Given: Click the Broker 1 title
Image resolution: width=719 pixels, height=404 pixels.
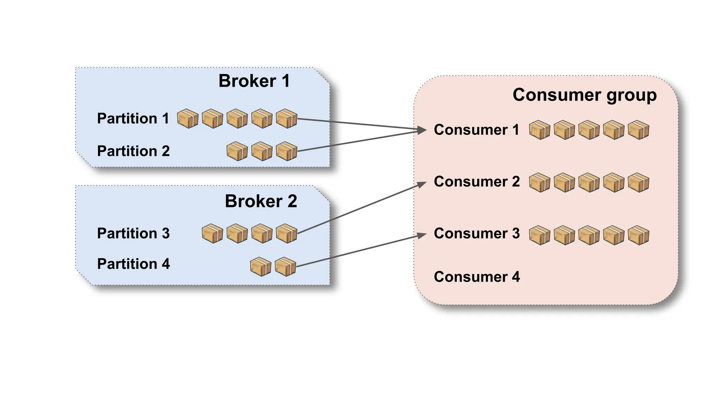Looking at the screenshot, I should pos(254,81).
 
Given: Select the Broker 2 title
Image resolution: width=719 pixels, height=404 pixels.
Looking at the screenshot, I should pos(261,201).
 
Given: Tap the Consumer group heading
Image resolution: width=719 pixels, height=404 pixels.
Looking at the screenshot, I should pos(585,95).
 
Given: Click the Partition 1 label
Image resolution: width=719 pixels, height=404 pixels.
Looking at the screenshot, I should pos(133,119).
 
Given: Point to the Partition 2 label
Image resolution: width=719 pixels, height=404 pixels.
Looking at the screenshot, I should pos(133,151).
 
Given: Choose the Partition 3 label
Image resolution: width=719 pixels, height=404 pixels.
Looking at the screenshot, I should pos(133,234).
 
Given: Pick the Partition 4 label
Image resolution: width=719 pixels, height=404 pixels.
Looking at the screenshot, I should pos(133,264).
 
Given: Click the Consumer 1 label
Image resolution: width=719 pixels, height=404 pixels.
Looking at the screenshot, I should pos(476,130).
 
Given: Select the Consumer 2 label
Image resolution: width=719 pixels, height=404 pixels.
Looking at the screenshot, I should pos(477,182).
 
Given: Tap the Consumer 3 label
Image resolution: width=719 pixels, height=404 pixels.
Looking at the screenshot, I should pos(477,234).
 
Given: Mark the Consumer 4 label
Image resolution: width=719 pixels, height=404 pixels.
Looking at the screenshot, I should pos(477,277).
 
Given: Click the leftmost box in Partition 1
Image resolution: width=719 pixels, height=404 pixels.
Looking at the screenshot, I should pos(187,119).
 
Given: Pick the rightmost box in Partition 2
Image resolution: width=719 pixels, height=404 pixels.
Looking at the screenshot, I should pos(286,151).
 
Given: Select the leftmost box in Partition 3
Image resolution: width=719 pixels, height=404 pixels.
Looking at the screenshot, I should pos(212,234).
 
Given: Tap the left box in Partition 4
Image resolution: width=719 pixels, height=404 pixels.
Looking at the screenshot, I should pos(260,267).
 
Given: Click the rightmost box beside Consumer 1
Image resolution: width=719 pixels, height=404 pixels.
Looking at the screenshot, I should pos(638,130).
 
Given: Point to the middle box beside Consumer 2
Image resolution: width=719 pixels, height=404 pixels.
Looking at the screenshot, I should pos(589,182).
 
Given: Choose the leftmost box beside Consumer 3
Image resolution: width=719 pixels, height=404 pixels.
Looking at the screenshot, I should pos(539,235).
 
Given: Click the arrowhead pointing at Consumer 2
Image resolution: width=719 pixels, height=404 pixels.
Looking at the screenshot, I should pos(422,184).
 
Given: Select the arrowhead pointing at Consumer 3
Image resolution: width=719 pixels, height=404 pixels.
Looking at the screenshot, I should pos(422,235).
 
